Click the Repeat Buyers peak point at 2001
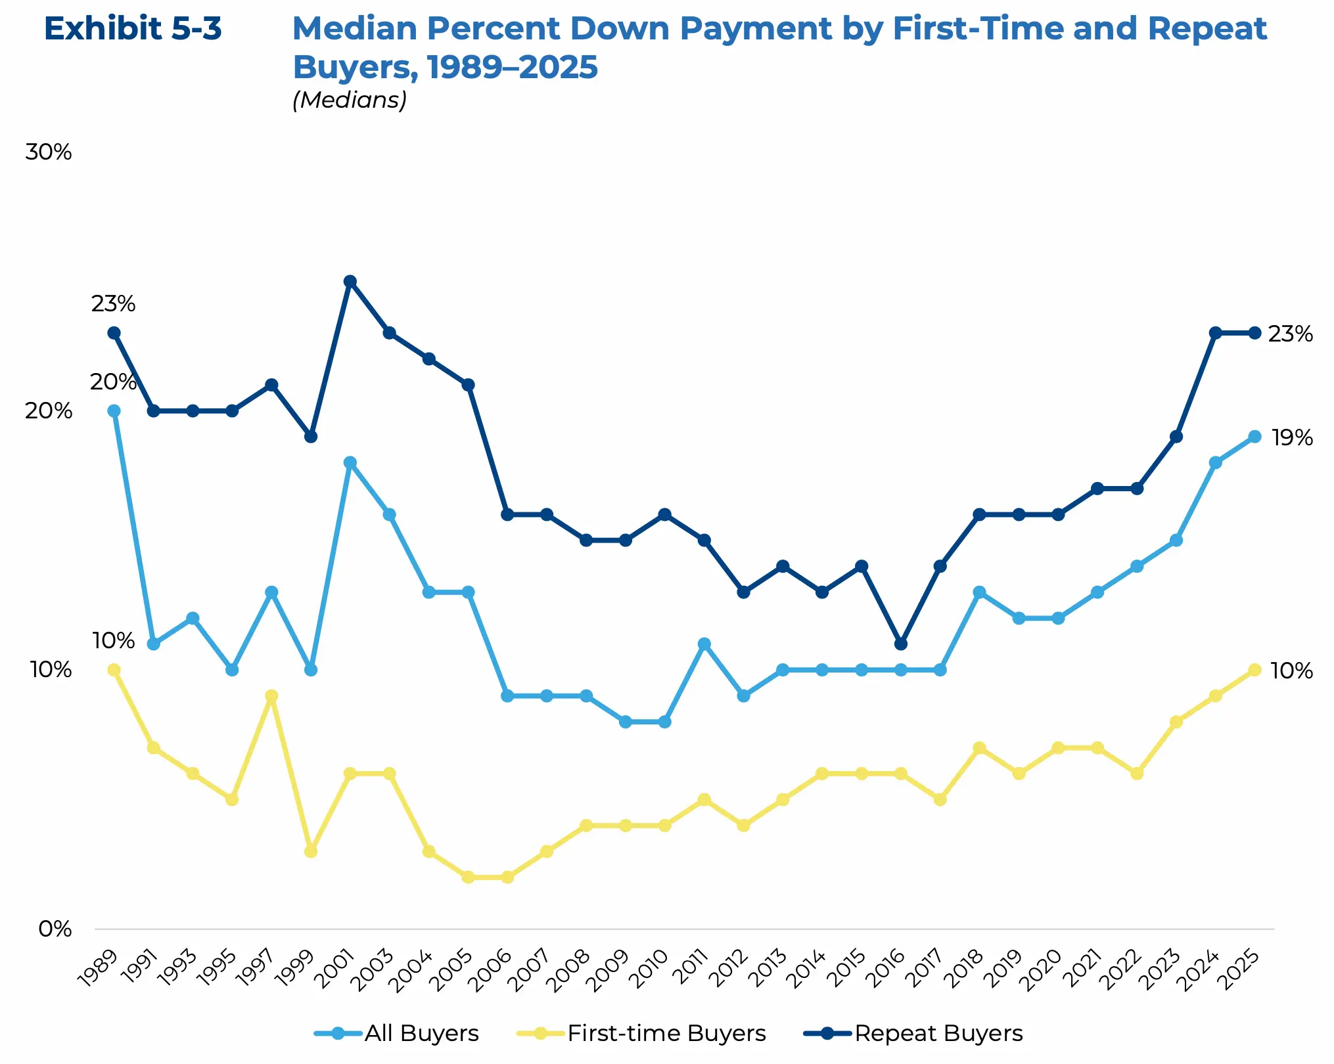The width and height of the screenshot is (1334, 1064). pos(350,282)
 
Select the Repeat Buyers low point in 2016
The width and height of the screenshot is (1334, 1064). pos(901,644)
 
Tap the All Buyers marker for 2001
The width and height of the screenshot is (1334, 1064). pos(350,462)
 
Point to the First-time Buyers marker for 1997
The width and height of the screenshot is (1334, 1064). pos(271,696)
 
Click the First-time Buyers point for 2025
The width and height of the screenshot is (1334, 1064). pos(1254,670)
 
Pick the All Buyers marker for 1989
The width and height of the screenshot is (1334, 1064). pos(114,411)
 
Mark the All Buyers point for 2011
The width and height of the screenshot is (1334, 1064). pos(704,644)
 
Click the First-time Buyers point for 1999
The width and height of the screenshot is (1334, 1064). pos(311,851)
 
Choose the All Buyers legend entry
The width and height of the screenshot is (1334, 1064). pos(397,1033)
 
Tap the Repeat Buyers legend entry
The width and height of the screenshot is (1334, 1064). pos(913,1033)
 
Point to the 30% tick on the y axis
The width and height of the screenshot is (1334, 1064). pos(49,152)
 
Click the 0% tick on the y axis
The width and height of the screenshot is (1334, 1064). pos(55,929)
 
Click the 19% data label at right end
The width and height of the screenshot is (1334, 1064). pos(1292,437)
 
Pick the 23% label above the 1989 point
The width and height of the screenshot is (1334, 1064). pos(113,304)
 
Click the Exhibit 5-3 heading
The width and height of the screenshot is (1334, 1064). pos(133,29)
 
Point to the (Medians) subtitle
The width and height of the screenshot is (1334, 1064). pos(350,100)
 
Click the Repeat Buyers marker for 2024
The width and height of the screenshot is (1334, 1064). pos(1215,333)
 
